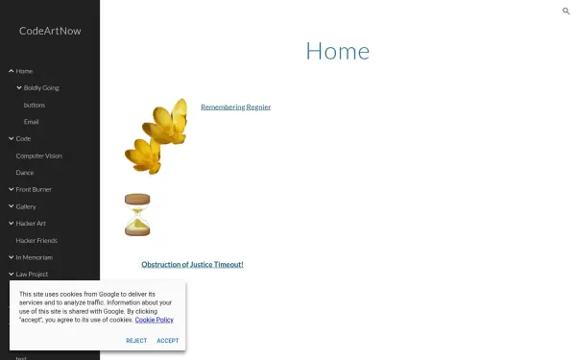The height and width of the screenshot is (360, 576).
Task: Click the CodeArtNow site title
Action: [x=49, y=31]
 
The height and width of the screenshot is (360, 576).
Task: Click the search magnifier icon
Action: [x=566, y=11]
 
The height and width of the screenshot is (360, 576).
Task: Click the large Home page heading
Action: [x=337, y=52]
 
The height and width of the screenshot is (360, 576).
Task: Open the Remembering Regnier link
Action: [x=235, y=107]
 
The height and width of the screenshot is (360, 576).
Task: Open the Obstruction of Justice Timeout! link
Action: [x=192, y=264]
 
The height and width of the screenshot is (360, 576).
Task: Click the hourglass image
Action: [x=137, y=214]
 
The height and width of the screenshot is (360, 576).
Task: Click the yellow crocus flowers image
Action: [x=156, y=135]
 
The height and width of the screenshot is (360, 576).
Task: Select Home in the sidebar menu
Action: [x=24, y=71]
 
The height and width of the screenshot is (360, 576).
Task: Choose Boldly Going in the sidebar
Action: [x=41, y=87]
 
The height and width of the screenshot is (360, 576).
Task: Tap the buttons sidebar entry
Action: [x=35, y=105]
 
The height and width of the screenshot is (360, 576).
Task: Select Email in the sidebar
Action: [x=32, y=122]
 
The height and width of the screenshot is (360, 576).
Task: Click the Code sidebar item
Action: [x=23, y=138]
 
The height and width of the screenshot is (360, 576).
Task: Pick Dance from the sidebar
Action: [x=25, y=173]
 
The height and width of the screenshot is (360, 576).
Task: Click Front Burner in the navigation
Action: [x=34, y=189]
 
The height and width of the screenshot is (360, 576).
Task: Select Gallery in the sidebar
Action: [x=26, y=206]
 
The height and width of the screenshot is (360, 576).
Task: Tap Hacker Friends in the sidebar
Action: [x=37, y=240]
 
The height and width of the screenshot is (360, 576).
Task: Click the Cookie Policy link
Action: [x=154, y=320]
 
